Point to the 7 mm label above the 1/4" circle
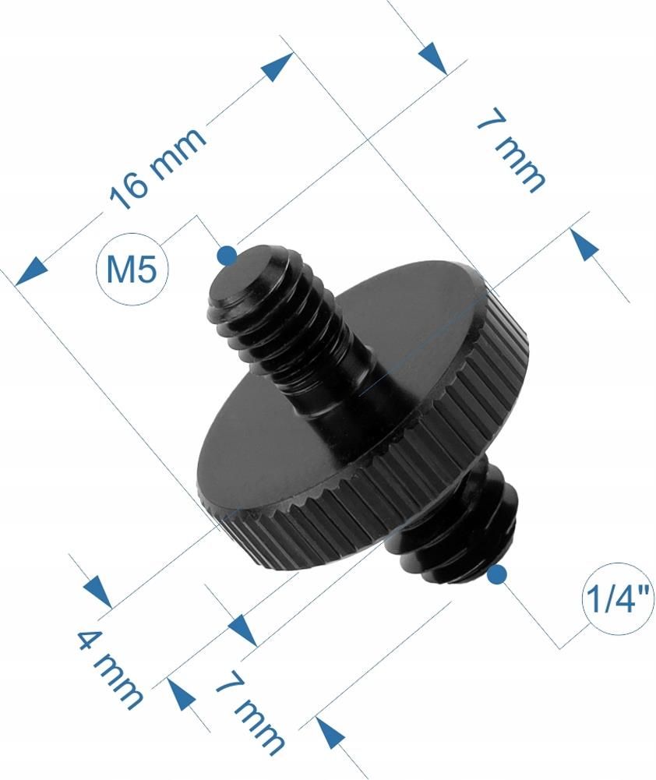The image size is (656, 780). (x=510, y=151)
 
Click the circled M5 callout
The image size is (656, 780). (x=131, y=270)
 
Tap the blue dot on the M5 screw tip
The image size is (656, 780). (x=227, y=254)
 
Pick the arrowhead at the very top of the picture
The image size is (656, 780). (x=432, y=57)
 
